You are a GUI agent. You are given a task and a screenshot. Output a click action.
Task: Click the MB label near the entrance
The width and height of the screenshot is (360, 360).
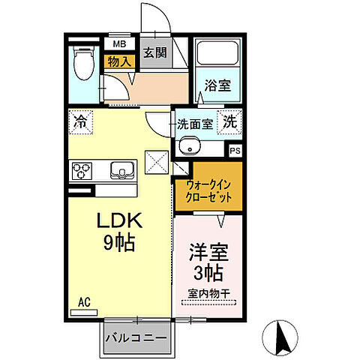click(118, 44)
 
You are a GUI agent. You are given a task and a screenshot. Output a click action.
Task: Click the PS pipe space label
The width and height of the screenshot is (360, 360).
click(235, 150)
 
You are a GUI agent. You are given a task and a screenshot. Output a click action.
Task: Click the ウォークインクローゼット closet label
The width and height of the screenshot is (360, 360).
click(208, 192)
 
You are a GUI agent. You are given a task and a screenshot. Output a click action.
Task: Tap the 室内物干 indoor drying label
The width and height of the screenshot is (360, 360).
click(208, 295)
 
